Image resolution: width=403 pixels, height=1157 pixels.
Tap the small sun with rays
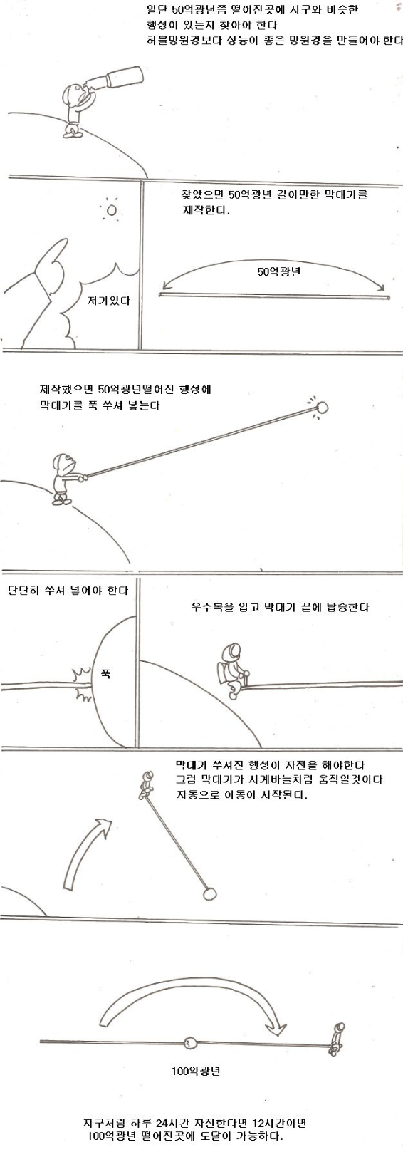coord(111,211)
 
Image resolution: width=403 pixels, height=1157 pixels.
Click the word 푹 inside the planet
coord(105,673)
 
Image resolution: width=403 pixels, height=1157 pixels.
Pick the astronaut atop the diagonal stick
coord(147,784)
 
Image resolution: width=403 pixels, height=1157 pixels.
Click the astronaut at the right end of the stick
coord(338,1037)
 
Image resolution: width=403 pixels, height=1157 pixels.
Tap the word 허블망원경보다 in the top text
coord(172,41)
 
